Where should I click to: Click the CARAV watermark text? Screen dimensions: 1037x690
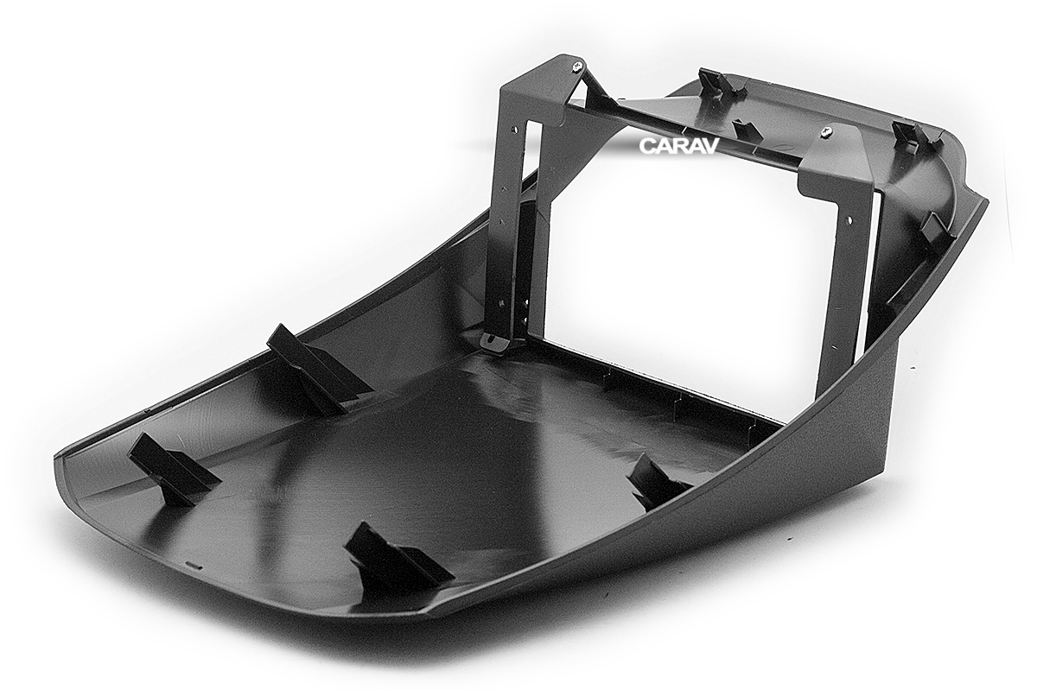click(678, 145)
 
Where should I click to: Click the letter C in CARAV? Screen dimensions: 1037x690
click(646, 145)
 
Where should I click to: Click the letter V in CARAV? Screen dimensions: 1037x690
click(710, 145)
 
